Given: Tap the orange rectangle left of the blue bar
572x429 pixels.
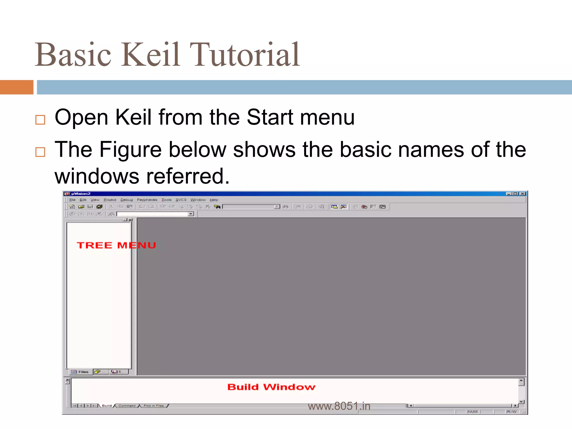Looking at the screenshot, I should click(16, 87).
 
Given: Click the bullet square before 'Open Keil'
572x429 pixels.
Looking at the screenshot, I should click(40, 120).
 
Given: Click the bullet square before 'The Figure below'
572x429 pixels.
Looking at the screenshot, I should click(40, 152).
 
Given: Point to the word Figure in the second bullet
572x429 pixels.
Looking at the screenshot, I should click(130, 150).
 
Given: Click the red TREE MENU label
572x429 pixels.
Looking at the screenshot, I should click(116, 245).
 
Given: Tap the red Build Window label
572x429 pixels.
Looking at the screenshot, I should click(271, 387).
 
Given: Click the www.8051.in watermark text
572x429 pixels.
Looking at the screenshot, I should click(339, 406).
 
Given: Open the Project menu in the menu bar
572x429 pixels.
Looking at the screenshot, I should click(110, 200).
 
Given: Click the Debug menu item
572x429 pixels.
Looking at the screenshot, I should click(127, 200).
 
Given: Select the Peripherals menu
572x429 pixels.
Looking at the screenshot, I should click(147, 200).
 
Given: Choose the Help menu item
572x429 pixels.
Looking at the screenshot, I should click(214, 200).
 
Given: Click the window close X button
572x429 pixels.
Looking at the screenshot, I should click(522, 194).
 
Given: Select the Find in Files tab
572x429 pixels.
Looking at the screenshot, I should click(154, 406).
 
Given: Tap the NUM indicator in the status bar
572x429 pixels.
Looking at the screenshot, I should click(472, 412).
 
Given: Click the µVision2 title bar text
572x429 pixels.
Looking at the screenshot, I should click(81, 194).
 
